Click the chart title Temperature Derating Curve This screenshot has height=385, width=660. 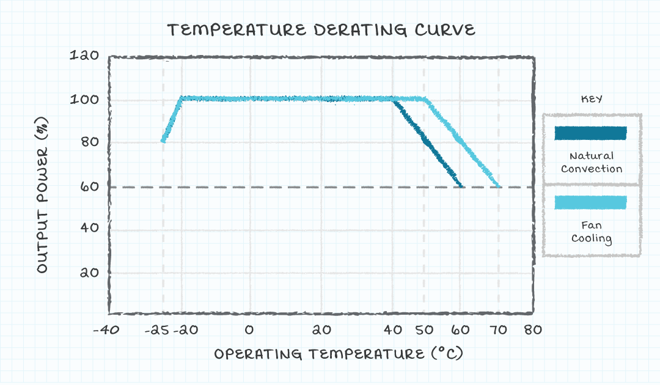[x=321, y=30]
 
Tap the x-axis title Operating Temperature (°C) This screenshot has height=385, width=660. [x=337, y=354]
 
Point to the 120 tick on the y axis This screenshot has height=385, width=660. [x=86, y=56]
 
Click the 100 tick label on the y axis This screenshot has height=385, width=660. [x=86, y=100]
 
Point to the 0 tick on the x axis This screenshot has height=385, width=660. [x=249, y=330]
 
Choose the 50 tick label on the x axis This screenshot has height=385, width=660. [x=424, y=330]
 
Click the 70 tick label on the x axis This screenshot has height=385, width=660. [x=499, y=330]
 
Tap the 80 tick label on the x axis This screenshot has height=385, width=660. [x=533, y=330]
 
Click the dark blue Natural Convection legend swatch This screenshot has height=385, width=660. [x=590, y=133]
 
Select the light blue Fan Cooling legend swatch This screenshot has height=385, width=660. [x=590, y=202]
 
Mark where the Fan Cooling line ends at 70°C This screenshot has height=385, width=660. [x=499, y=186]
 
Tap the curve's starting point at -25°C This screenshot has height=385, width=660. [x=163, y=141]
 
